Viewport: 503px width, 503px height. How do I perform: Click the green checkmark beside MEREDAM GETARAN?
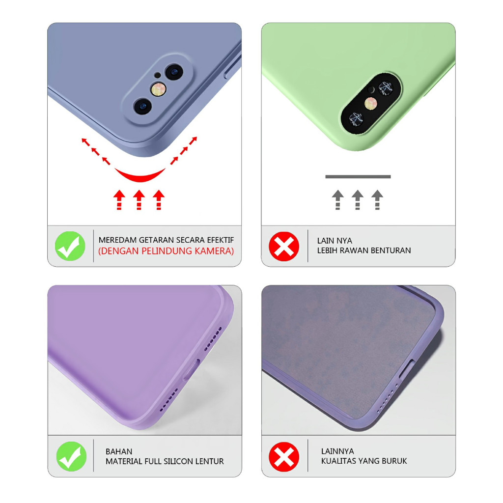click(x=70, y=246)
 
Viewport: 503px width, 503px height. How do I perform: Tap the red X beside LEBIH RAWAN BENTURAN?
click(x=284, y=246)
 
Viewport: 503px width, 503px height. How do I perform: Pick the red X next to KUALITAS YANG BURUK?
click(x=284, y=456)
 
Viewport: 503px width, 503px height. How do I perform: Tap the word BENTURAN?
click(x=391, y=251)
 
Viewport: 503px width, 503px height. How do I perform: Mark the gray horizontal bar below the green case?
click(x=358, y=176)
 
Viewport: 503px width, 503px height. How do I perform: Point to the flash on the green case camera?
click(x=370, y=103)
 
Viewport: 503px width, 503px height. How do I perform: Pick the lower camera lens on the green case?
click(x=355, y=117)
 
